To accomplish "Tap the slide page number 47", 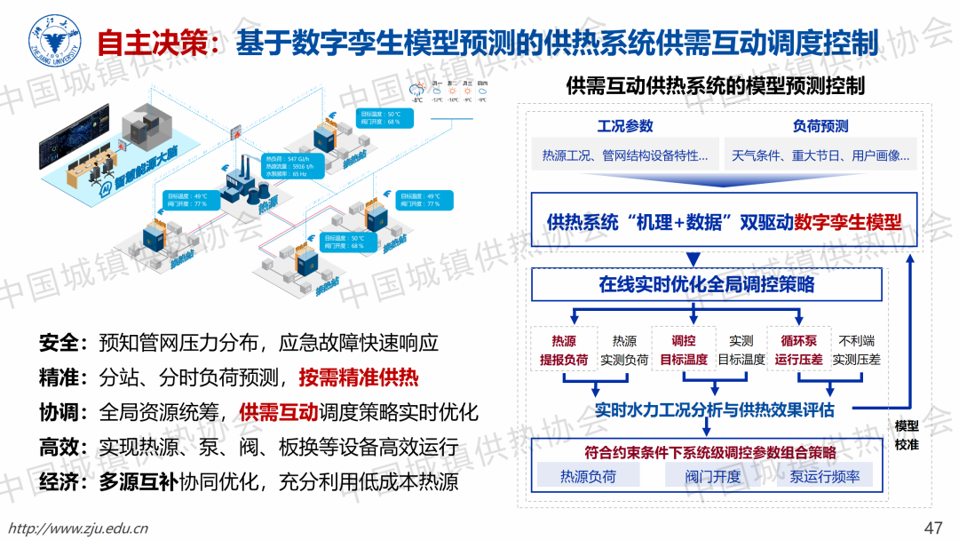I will [x=933, y=528].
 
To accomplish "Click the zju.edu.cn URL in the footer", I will [x=77, y=528].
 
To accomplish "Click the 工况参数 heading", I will [x=625, y=126].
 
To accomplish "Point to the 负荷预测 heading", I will [x=820, y=126].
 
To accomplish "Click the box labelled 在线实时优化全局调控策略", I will [x=707, y=284].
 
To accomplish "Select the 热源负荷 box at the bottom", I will [x=588, y=477].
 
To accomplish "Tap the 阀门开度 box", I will [x=712, y=477].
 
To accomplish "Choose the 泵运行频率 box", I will [x=825, y=477].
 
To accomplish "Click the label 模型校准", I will [x=907, y=434].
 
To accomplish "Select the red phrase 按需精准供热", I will [x=359, y=377].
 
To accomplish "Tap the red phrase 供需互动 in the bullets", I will [x=279, y=412].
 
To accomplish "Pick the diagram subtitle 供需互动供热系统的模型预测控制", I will [x=716, y=86].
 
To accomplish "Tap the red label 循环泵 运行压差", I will [x=798, y=350].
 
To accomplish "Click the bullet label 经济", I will [x=59, y=482].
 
